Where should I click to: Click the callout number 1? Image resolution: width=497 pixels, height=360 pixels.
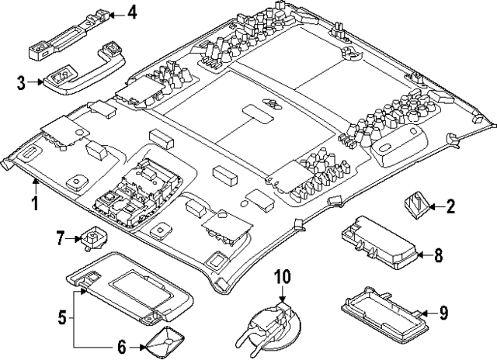point(34,204)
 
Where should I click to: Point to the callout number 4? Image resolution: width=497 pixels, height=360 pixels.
point(131,13)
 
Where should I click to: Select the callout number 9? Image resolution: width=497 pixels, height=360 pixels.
point(443,313)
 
